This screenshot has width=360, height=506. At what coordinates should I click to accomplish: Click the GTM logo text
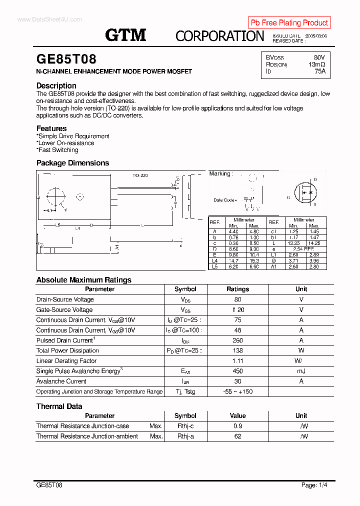[x=125, y=35]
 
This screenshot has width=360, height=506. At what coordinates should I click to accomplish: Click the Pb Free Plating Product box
[x=289, y=22]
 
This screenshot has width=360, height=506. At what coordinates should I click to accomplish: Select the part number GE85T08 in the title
[x=66, y=59]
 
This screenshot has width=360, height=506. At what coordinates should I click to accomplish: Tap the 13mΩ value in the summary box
[x=316, y=64]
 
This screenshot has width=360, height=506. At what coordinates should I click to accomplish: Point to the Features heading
[x=51, y=128]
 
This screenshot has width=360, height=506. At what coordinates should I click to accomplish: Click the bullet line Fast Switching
[x=57, y=150]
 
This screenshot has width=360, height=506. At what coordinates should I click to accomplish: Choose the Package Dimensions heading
[x=72, y=163]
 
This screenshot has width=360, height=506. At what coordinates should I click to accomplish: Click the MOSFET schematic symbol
[x=305, y=192]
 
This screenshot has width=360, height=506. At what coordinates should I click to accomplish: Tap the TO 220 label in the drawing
[x=140, y=175]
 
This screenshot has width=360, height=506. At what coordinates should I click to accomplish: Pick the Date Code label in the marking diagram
[x=225, y=200]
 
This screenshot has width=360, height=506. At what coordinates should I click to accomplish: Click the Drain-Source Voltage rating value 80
[x=237, y=299]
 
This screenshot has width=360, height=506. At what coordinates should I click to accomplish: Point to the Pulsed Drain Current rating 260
[x=237, y=340]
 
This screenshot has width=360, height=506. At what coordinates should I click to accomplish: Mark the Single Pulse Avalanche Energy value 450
[x=237, y=371]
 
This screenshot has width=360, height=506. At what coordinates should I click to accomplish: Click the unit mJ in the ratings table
[x=301, y=371]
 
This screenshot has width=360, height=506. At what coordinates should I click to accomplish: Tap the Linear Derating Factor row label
[x=66, y=361]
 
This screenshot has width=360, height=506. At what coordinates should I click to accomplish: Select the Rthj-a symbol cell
[x=185, y=436]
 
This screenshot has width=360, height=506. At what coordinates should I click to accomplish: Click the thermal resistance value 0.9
[x=237, y=426]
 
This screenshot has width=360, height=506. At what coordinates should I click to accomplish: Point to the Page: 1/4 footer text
[x=315, y=485]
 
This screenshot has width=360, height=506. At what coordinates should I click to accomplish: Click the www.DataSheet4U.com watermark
[x=49, y=19]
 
